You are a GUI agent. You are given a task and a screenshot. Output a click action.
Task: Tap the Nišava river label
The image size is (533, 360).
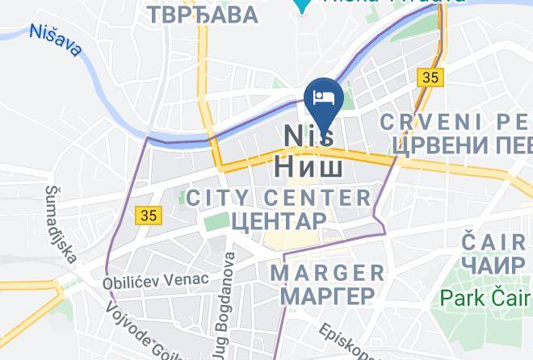(55, 41)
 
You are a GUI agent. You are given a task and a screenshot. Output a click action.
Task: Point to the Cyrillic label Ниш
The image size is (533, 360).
(309, 165)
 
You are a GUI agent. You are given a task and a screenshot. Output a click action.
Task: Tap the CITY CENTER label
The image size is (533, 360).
(279, 197)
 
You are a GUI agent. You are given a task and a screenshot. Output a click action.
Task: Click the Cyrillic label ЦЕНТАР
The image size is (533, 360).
(279, 220)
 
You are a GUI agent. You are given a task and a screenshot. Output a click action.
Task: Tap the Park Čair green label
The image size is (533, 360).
(485, 298)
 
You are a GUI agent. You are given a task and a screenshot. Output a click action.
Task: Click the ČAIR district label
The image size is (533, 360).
(493, 241)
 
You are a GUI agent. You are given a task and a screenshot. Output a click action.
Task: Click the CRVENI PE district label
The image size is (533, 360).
(457, 122)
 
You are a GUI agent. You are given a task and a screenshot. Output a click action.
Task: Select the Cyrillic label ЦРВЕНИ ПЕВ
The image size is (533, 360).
(461, 145)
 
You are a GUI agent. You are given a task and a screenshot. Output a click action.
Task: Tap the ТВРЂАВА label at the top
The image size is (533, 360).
(203, 15)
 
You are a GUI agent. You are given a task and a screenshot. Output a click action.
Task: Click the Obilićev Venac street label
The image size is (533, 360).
(155, 281)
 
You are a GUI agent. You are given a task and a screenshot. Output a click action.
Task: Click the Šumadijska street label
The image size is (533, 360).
(61, 224)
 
